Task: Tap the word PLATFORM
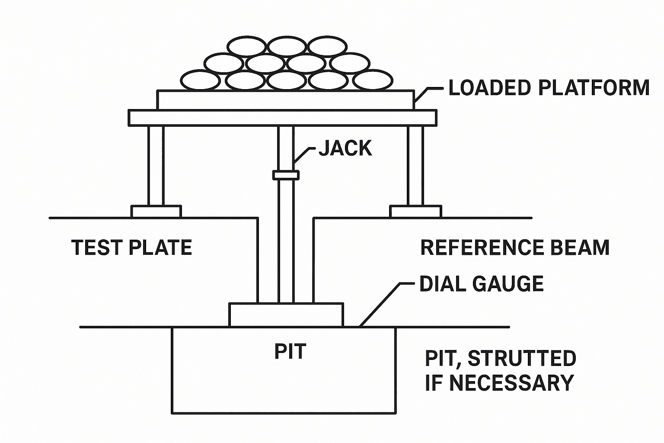(594, 87)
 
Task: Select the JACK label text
(345, 148)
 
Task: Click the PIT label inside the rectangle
(290, 351)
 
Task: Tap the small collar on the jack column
(286, 175)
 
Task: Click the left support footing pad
(156, 212)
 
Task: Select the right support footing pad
(415, 212)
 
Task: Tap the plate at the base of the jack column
(286, 315)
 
